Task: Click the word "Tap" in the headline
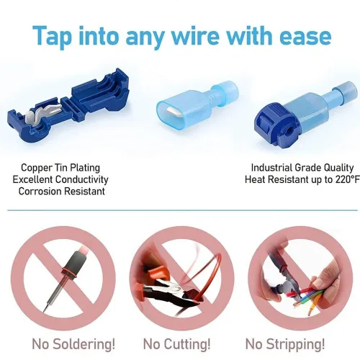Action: (58, 35)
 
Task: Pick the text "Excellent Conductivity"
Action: (62, 179)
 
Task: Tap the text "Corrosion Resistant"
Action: (61, 191)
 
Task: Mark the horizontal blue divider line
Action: (180, 212)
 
